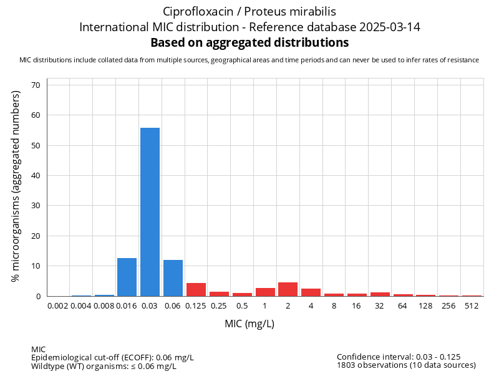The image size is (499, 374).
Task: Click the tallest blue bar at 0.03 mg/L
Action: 150,212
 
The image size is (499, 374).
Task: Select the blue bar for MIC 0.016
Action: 127,277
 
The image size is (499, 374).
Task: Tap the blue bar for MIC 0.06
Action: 173,278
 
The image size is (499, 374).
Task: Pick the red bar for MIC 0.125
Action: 196,290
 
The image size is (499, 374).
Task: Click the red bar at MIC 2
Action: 288,289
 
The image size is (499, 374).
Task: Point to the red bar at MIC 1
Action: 264,292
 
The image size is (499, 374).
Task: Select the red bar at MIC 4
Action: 311,292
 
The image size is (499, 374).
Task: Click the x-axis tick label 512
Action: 472,306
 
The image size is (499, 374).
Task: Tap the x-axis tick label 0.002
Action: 58,306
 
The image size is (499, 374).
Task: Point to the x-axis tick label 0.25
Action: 219,306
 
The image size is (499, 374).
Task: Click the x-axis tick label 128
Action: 425,306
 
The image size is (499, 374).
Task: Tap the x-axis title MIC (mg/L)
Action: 249,324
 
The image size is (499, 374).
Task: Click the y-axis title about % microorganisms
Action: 16,186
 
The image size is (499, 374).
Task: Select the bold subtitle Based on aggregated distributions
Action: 249,43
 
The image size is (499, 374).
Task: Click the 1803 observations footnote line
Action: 406,365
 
